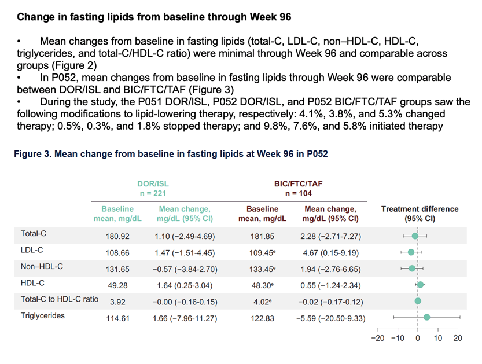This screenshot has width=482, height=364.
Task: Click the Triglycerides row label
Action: pyautogui.click(x=43, y=316)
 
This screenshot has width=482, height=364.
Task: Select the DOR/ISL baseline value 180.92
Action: pyautogui.click(x=117, y=237)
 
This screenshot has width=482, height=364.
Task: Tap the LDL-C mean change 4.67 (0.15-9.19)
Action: pyautogui.click(x=331, y=253)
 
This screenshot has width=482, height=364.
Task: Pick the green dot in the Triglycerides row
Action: pyautogui.click(x=426, y=317)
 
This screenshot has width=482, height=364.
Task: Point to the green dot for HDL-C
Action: pyautogui.click(x=420, y=285)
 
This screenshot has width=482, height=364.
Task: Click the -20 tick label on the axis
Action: pyautogui.click(x=377, y=338)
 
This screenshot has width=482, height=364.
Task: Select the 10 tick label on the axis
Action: pyautogui.click(x=437, y=338)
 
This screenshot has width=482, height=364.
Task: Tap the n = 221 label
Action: pyautogui.click(x=153, y=193)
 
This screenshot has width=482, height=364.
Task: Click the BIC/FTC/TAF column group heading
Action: pyautogui.click(x=298, y=184)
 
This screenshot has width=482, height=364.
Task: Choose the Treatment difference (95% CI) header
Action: pyautogui.click(x=420, y=214)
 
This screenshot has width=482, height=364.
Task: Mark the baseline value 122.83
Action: pyautogui.click(x=262, y=318)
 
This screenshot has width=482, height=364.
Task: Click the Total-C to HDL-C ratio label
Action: pyautogui.click(x=60, y=299)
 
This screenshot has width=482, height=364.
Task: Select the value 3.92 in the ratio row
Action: pyautogui.click(x=117, y=302)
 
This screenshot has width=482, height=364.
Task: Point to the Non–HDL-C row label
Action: pyautogui.click(x=42, y=267)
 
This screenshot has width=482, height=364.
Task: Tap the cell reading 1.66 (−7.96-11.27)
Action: pyautogui.click(x=185, y=318)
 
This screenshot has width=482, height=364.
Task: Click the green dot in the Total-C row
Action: pyautogui.click(x=415, y=236)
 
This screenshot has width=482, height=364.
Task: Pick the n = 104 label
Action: pyautogui.click(x=298, y=193)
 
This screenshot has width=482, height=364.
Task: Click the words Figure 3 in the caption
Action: pyautogui.click(x=32, y=154)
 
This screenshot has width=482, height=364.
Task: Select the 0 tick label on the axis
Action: pyautogui.click(x=418, y=338)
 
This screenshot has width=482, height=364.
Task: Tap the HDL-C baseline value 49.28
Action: pyautogui.click(x=117, y=286)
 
